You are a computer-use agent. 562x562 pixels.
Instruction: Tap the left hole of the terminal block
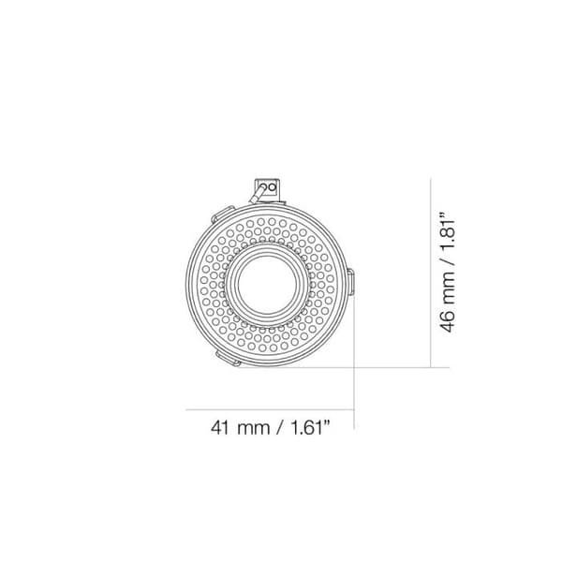tap(263, 187)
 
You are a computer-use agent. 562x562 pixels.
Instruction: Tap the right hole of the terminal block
tap(273, 187)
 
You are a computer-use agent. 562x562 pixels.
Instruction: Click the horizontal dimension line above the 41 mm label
tap(272, 408)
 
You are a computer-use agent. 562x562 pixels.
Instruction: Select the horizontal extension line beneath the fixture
tap(393, 366)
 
